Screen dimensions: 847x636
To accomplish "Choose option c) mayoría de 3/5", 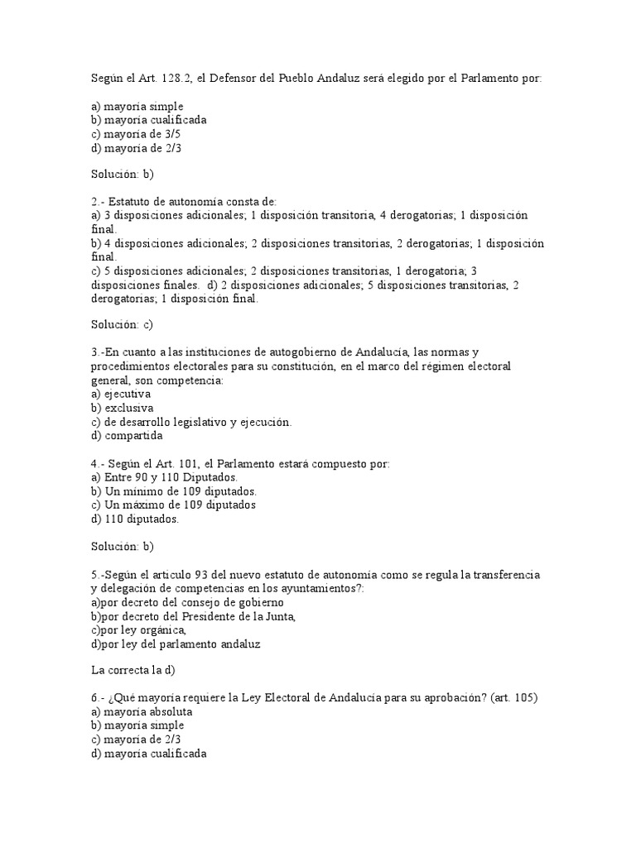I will (x=133, y=133).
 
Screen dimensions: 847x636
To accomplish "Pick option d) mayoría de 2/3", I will (x=133, y=147).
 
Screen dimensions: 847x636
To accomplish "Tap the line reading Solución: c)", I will (x=123, y=325).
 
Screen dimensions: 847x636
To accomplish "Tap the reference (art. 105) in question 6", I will (x=514, y=698).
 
